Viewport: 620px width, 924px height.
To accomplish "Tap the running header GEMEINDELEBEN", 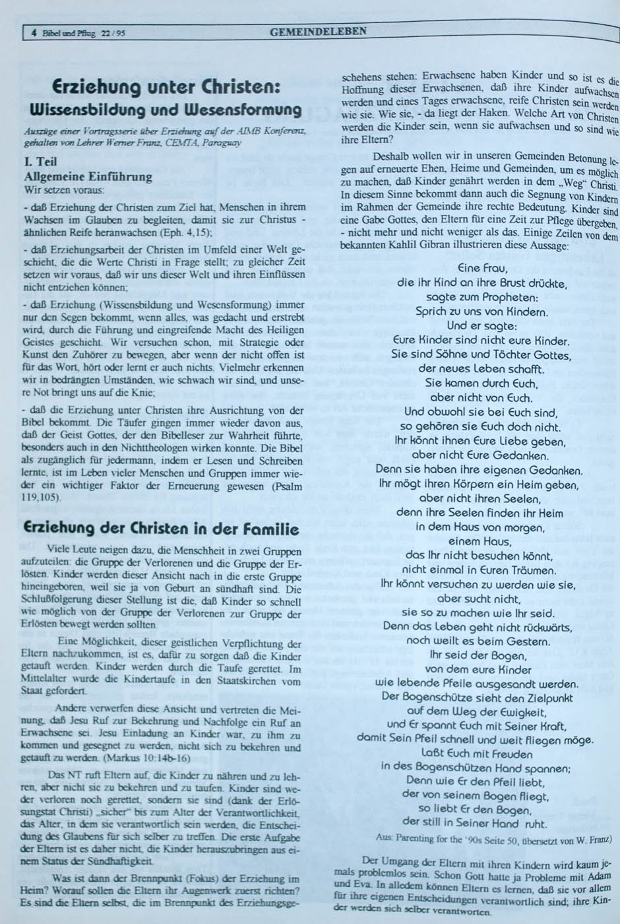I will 318,30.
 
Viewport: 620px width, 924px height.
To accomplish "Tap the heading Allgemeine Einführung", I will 88,176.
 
